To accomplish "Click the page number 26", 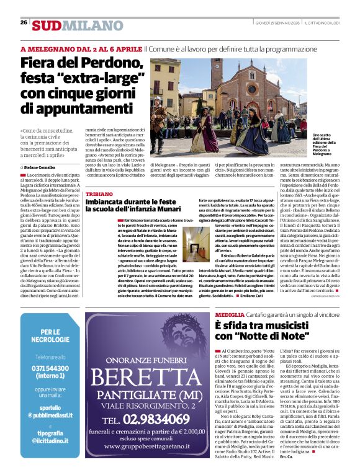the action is coord(24,22).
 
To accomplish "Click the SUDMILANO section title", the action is coord(70,25).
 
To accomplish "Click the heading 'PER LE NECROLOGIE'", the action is coord(50,335).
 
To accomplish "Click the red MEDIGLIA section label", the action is coord(230,315).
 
